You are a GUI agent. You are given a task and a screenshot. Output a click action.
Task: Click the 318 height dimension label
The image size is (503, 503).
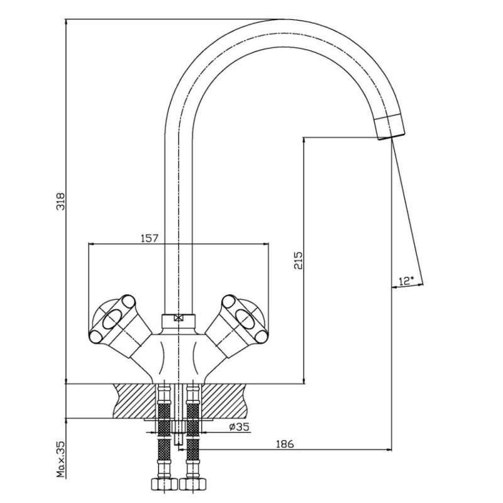pos(60,201)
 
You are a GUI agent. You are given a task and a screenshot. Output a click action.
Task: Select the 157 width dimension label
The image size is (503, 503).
pos(150,238)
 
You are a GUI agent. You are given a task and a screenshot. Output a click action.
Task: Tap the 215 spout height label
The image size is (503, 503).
pos(298,260)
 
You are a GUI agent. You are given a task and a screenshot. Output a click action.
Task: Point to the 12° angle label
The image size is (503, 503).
pos(406,281)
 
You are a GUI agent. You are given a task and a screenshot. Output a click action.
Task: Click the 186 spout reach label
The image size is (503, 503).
pos(285,444)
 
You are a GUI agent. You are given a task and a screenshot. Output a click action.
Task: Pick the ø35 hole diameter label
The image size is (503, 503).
pos(240,427)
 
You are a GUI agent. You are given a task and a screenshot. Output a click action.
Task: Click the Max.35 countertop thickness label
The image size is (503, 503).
pos(60,460)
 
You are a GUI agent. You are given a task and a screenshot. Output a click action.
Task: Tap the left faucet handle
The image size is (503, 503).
pos(119,324)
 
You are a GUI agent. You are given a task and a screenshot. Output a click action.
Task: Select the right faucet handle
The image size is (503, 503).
pos(237,324)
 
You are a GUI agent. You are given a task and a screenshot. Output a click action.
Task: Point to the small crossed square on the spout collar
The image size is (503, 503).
pos(178,318)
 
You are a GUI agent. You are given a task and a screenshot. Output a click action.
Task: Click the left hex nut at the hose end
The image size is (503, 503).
pos(164,484)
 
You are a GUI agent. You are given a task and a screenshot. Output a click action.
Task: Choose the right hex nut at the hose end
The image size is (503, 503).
pos(193,484)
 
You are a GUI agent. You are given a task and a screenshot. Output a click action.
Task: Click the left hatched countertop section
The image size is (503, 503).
pos(135,401)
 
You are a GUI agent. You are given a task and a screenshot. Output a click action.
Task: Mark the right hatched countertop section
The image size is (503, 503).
pos(224,401)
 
